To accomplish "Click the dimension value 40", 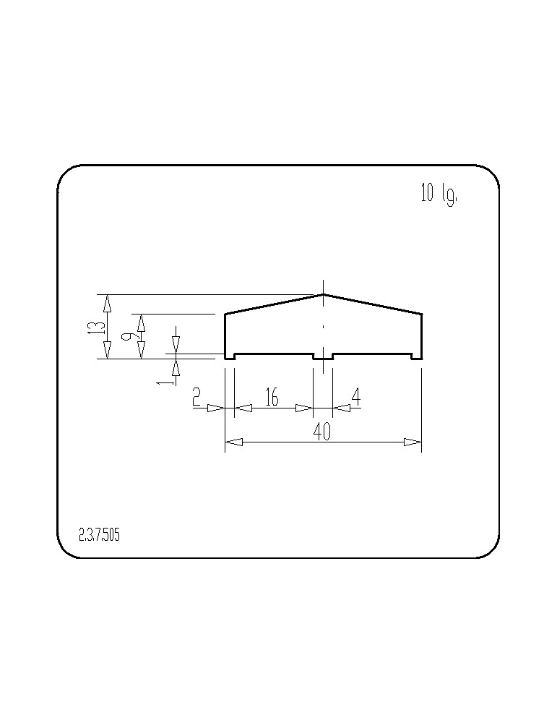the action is pyautogui.click(x=321, y=432).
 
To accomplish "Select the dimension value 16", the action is pyautogui.click(x=272, y=396).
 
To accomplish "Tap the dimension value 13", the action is pyautogui.click(x=96, y=328).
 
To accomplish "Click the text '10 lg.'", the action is pyautogui.click(x=439, y=194).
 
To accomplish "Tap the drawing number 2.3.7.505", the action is pyautogui.click(x=99, y=535).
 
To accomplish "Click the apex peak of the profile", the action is pyautogui.click(x=323, y=294).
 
